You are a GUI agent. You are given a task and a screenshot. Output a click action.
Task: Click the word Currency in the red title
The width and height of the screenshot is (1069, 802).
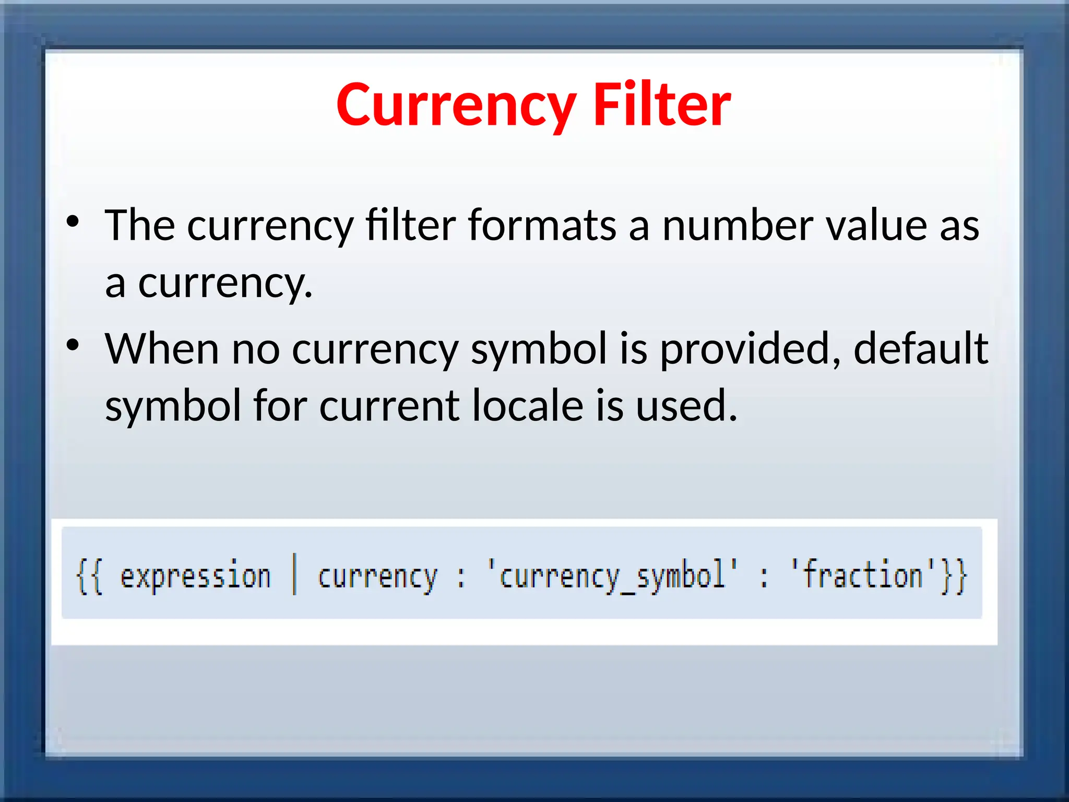[456, 105]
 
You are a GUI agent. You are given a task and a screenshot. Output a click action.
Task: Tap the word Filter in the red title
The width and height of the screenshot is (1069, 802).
[662, 105]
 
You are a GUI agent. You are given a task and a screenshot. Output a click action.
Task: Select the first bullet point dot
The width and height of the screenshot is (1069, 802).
[73, 221]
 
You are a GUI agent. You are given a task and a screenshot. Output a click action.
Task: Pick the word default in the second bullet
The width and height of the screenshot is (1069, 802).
[920, 349]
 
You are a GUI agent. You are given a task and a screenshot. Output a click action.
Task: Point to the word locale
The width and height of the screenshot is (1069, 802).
[528, 406]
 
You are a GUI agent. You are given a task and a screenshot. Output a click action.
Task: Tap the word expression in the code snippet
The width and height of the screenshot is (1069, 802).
[196, 576]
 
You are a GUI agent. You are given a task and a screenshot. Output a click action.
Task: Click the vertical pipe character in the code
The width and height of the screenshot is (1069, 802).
[294, 574]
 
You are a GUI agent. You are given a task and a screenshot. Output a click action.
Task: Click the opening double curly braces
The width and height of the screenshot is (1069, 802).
[90, 576]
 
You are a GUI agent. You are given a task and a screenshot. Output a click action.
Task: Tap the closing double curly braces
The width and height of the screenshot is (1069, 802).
[954, 576]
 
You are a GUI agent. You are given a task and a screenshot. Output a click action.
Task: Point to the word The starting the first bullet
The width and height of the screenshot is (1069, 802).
[140, 226]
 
